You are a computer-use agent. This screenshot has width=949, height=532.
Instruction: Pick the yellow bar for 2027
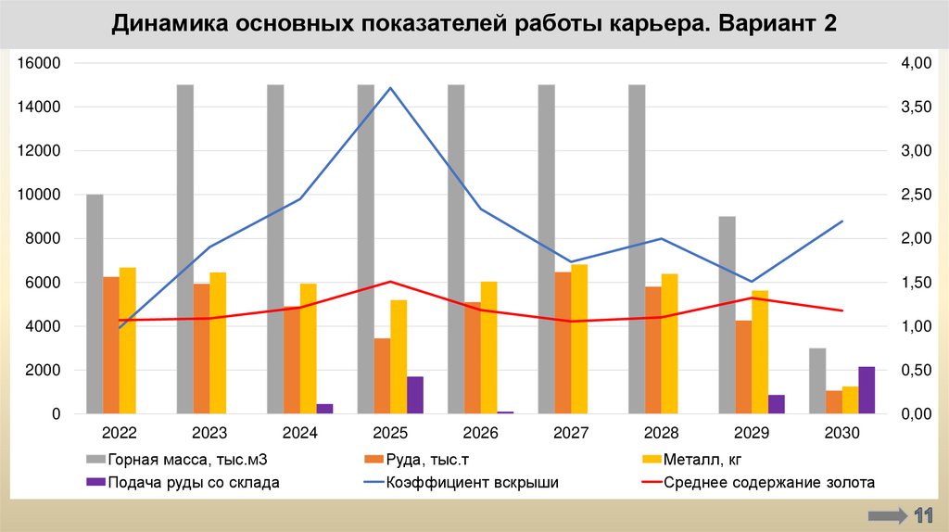click(579, 339)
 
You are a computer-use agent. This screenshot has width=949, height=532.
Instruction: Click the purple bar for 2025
click(414, 395)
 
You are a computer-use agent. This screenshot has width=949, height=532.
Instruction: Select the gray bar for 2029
click(728, 315)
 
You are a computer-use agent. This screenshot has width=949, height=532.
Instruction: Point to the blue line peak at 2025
click(390, 88)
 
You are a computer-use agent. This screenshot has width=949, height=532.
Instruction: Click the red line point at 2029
click(752, 298)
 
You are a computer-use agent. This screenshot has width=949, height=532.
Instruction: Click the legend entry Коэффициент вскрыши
click(460, 482)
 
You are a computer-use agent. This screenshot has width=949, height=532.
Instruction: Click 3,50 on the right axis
click(915, 107)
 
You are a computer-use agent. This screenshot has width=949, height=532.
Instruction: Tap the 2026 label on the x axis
click(481, 433)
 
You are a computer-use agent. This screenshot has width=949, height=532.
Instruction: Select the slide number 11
click(924, 515)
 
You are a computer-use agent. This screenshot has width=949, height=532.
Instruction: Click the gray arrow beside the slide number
click(887, 515)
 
